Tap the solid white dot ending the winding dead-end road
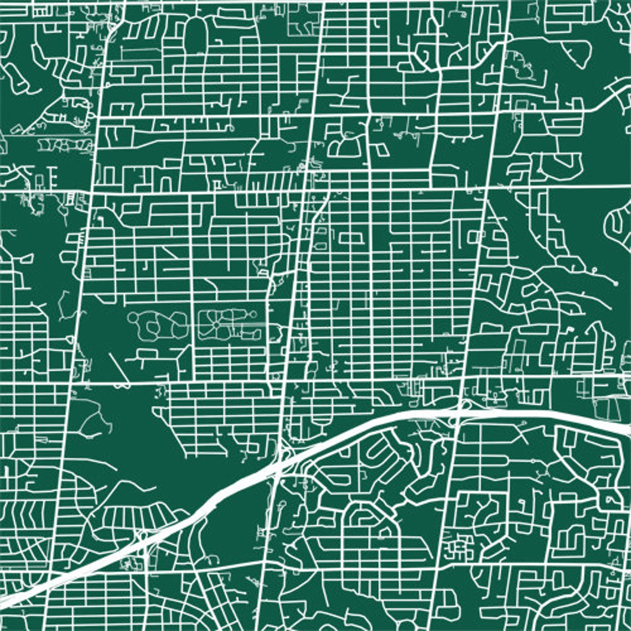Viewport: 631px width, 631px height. point(616,283)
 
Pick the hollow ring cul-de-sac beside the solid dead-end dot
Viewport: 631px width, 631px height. point(594,270)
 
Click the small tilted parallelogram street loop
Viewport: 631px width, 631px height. point(381,149)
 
